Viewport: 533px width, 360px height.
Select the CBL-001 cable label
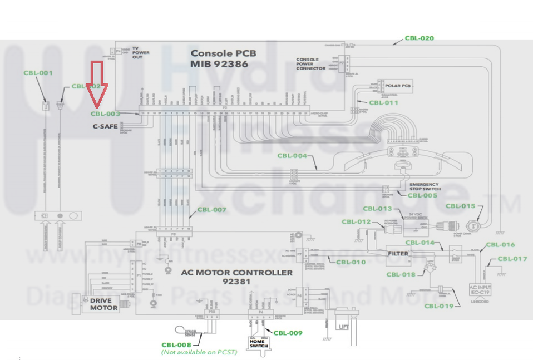38,73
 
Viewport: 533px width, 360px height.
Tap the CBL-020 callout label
419,38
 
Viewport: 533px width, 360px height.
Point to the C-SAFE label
105,126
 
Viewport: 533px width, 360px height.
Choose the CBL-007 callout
212,210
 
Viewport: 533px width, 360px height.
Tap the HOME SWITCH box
259,343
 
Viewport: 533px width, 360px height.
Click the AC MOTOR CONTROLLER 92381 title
236,277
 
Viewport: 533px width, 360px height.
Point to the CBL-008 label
176,345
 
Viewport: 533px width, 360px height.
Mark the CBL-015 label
461,206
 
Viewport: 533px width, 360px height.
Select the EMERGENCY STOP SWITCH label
424,187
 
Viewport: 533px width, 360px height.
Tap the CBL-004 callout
292,156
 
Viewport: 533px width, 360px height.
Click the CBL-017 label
512,258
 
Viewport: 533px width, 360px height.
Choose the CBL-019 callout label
439,305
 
